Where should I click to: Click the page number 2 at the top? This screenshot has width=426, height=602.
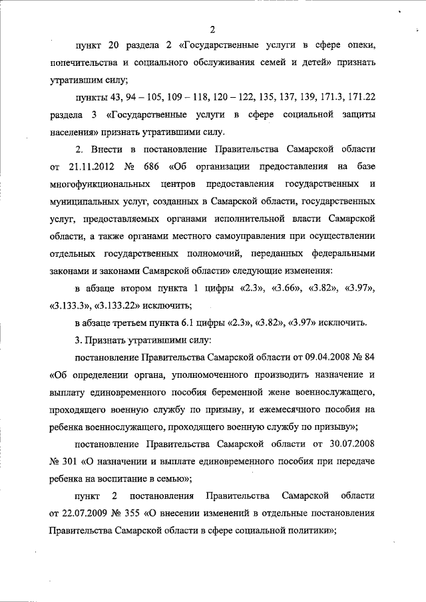[x=212, y=29]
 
